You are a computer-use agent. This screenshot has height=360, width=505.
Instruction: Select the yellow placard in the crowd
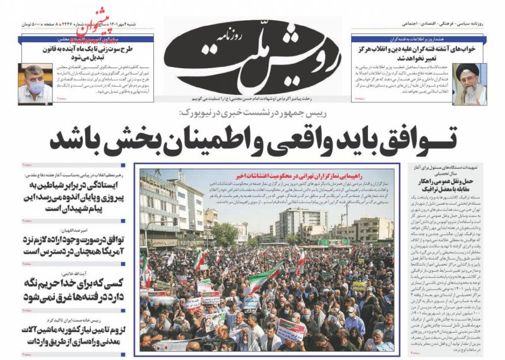[359, 285]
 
